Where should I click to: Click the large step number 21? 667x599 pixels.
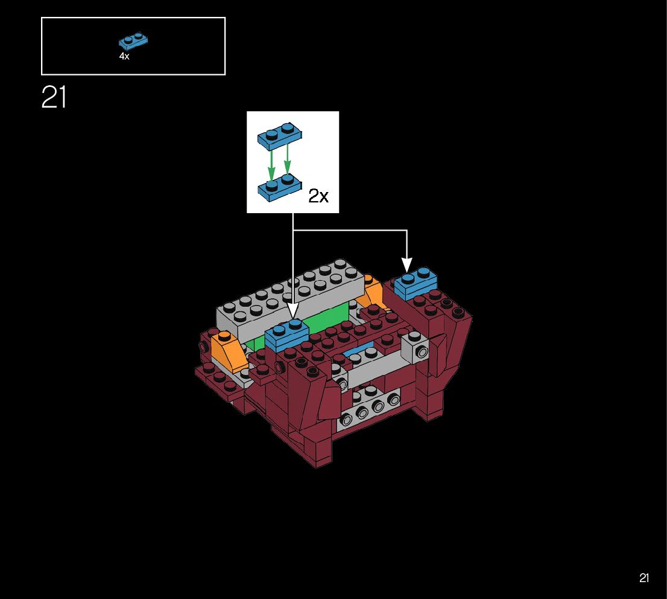54,97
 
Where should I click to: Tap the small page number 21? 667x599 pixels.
644,578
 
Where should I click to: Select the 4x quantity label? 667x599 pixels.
124,56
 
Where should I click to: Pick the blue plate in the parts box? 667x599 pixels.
134,41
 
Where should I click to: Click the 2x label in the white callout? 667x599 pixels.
318,196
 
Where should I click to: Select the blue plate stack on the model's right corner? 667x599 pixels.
416,284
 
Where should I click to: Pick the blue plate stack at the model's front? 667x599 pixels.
286,336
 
